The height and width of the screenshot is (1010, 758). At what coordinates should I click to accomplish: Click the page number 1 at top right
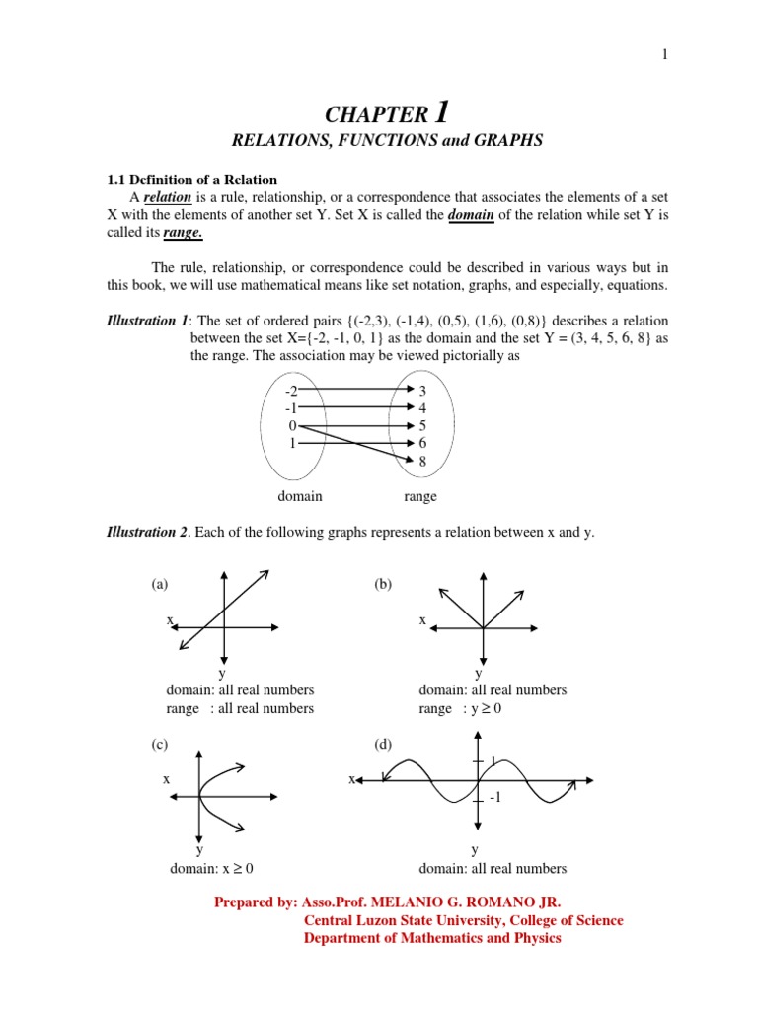[x=665, y=55]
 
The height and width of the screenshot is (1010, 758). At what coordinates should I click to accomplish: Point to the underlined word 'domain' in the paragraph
[x=471, y=215]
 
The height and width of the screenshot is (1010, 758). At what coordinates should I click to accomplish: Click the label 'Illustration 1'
[x=146, y=322]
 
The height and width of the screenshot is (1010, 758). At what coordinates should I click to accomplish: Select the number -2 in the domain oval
[x=291, y=392]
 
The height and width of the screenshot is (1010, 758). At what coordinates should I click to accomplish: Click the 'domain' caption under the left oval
[x=299, y=496]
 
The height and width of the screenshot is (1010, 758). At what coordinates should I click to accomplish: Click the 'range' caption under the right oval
[x=420, y=496]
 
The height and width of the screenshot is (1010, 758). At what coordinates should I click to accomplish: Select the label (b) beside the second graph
[x=383, y=584]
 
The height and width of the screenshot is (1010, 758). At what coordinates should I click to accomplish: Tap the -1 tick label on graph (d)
[x=496, y=799]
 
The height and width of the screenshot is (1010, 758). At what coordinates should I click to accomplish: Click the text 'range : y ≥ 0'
[x=461, y=708]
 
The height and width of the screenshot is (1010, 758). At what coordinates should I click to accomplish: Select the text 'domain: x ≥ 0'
[x=210, y=869]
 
